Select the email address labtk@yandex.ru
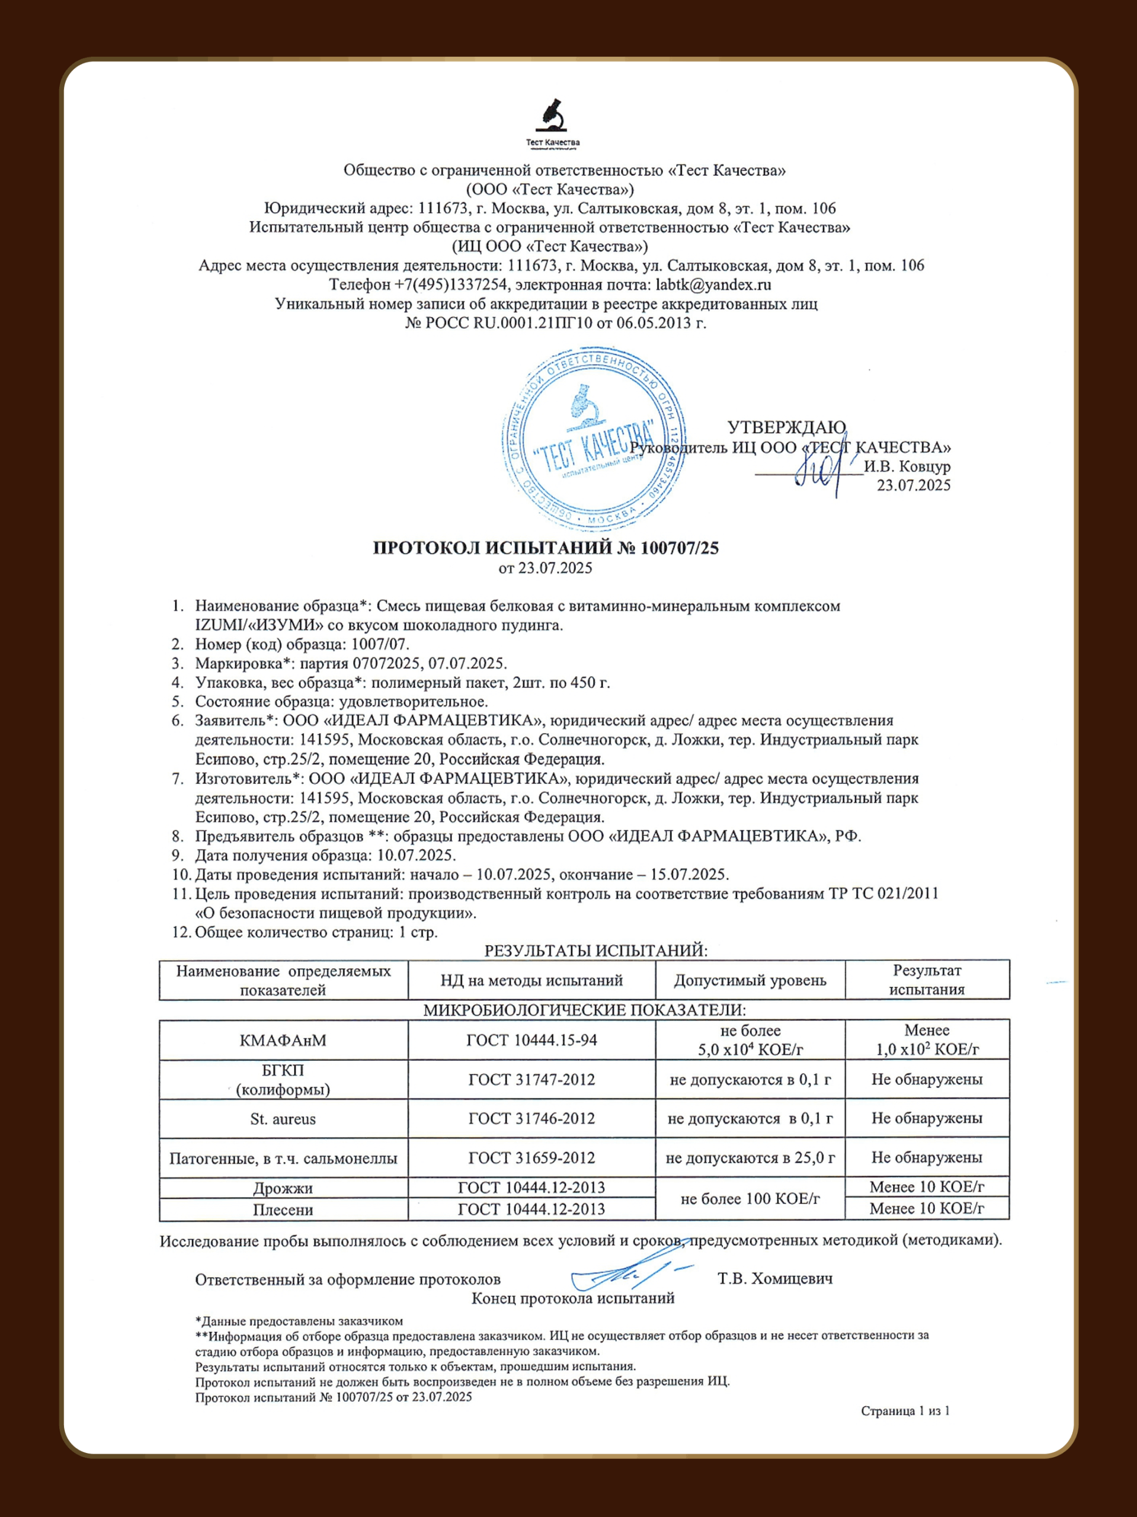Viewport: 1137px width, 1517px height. [713, 284]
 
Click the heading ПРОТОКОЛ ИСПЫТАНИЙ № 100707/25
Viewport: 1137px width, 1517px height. [545, 548]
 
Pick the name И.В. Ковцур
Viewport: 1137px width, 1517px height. [907, 466]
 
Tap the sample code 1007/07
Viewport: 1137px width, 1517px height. [380, 644]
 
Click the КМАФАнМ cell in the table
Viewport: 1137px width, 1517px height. [283, 1041]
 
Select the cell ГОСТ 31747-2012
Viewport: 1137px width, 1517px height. [531, 1080]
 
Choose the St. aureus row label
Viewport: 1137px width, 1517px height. [283, 1119]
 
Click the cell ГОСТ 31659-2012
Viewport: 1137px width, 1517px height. [531, 1158]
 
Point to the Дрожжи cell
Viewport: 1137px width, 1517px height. [283, 1188]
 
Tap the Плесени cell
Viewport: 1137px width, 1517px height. [283, 1209]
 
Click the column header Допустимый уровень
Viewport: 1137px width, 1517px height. [750, 980]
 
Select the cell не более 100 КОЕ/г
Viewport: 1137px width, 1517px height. [750, 1199]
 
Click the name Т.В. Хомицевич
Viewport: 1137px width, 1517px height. [775, 1279]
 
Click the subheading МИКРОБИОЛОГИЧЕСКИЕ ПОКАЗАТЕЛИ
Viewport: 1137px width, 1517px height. [584, 1010]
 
